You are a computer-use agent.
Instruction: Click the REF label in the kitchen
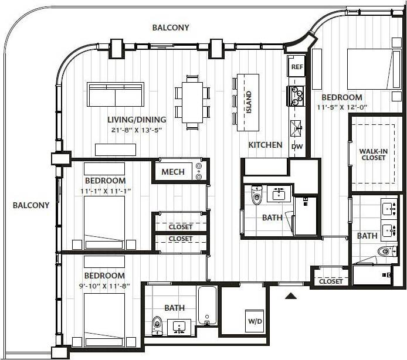(x=297, y=67)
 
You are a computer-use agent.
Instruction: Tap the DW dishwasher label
(x=297, y=147)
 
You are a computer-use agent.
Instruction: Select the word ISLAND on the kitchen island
(x=248, y=103)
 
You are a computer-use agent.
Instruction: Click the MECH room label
(x=173, y=172)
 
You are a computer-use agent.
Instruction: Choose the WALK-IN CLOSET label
(x=374, y=154)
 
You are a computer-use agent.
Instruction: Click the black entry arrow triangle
(x=290, y=296)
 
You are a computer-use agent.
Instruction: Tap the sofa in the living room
(x=116, y=94)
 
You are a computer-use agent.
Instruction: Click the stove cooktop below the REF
(x=297, y=96)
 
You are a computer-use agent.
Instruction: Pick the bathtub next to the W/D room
(x=208, y=305)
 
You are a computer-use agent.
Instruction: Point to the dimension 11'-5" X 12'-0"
(x=342, y=107)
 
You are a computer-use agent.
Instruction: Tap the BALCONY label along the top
(x=171, y=28)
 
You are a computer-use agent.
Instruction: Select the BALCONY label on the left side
(x=31, y=205)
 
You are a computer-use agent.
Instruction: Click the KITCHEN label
(x=265, y=145)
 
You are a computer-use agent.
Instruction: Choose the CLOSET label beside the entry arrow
(x=331, y=281)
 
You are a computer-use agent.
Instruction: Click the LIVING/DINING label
(x=137, y=119)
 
